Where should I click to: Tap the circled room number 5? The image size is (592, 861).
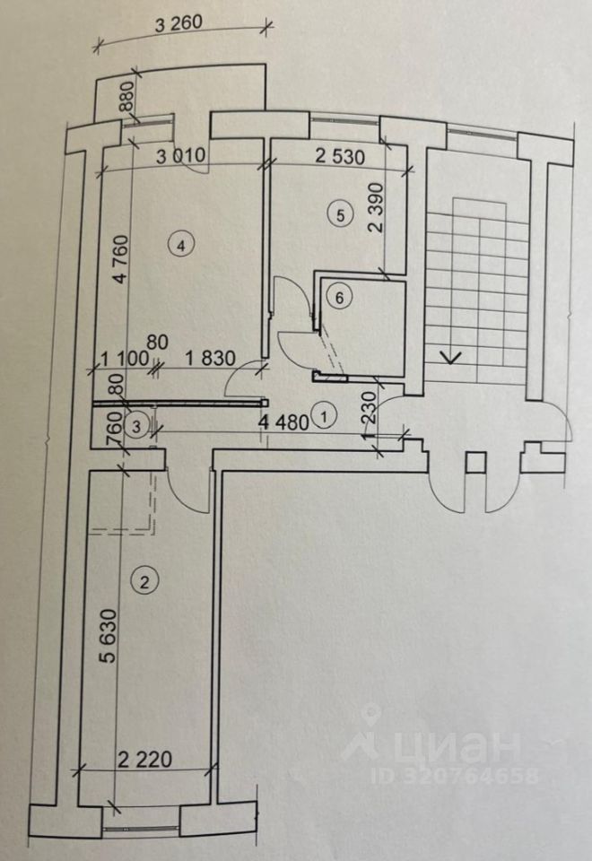(338, 215)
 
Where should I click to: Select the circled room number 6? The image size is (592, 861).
(337, 296)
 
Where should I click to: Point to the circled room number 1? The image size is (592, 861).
(324, 416)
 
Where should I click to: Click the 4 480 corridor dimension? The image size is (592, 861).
(284, 421)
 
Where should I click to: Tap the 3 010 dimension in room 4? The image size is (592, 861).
(181, 154)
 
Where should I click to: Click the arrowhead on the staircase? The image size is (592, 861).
(453, 357)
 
